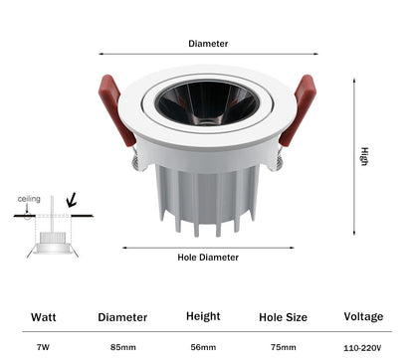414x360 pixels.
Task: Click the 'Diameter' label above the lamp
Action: (x=208, y=44)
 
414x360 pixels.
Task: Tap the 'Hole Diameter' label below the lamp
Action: (x=208, y=258)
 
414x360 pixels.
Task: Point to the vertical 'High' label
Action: (x=364, y=156)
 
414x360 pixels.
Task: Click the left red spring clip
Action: (x=116, y=110)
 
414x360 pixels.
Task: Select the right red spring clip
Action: (x=298, y=110)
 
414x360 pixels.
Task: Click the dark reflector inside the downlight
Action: (x=208, y=102)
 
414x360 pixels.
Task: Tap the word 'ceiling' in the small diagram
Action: (x=29, y=199)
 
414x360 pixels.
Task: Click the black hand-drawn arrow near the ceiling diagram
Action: (x=71, y=200)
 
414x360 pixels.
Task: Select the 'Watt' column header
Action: (x=44, y=317)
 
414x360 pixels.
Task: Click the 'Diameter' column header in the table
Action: (x=122, y=317)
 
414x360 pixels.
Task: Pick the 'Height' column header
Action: (x=203, y=316)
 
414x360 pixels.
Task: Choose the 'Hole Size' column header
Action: (x=283, y=317)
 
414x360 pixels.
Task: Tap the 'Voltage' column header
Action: (x=363, y=317)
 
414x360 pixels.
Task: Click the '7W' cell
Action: (x=43, y=347)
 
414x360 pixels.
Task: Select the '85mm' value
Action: (x=123, y=347)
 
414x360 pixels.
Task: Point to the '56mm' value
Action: (x=203, y=347)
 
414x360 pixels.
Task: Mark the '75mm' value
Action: (x=284, y=347)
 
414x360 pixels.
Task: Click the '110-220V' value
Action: (x=362, y=348)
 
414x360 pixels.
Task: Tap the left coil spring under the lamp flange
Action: (x=137, y=161)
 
